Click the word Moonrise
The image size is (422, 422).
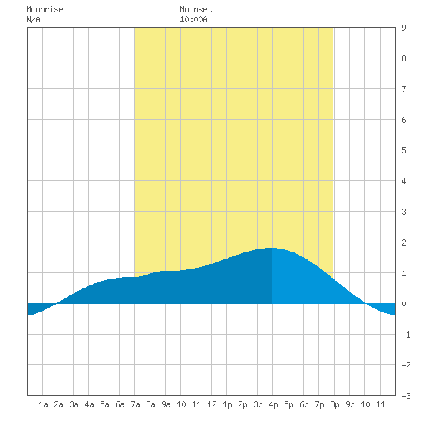pyautogui.click(x=45, y=9)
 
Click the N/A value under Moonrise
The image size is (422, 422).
pyautogui.click(x=33, y=19)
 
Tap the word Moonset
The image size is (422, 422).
pyautogui.click(x=196, y=9)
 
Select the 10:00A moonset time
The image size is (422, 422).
pyautogui.click(x=193, y=19)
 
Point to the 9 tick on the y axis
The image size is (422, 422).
pyautogui.click(x=404, y=28)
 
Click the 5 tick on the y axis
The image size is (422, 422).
pyautogui.click(x=404, y=150)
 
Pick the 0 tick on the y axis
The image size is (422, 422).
pyautogui.click(x=404, y=304)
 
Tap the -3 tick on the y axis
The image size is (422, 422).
pyautogui.click(x=406, y=396)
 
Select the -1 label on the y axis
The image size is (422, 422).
pyautogui.click(x=406, y=335)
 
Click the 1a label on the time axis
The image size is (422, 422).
pyautogui.click(x=43, y=404)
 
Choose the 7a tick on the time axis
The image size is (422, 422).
pyautogui.click(x=135, y=404)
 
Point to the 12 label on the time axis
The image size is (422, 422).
pyautogui.click(x=212, y=404)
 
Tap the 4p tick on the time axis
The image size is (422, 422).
pyautogui.click(x=273, y=404)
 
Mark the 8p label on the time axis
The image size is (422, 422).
pyautogui.click(x=335, y=404)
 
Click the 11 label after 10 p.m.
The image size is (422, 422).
pyautogui.click(x=381, y=404)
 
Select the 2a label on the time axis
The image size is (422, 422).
pyautogui.click(x=58, y=404)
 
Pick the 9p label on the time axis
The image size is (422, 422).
pyautogui.click(x=350, y=404)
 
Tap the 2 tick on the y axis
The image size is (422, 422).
pyautogui.click(x=404, y=242)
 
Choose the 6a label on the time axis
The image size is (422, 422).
pyautogui.click(x=120, y=404)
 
